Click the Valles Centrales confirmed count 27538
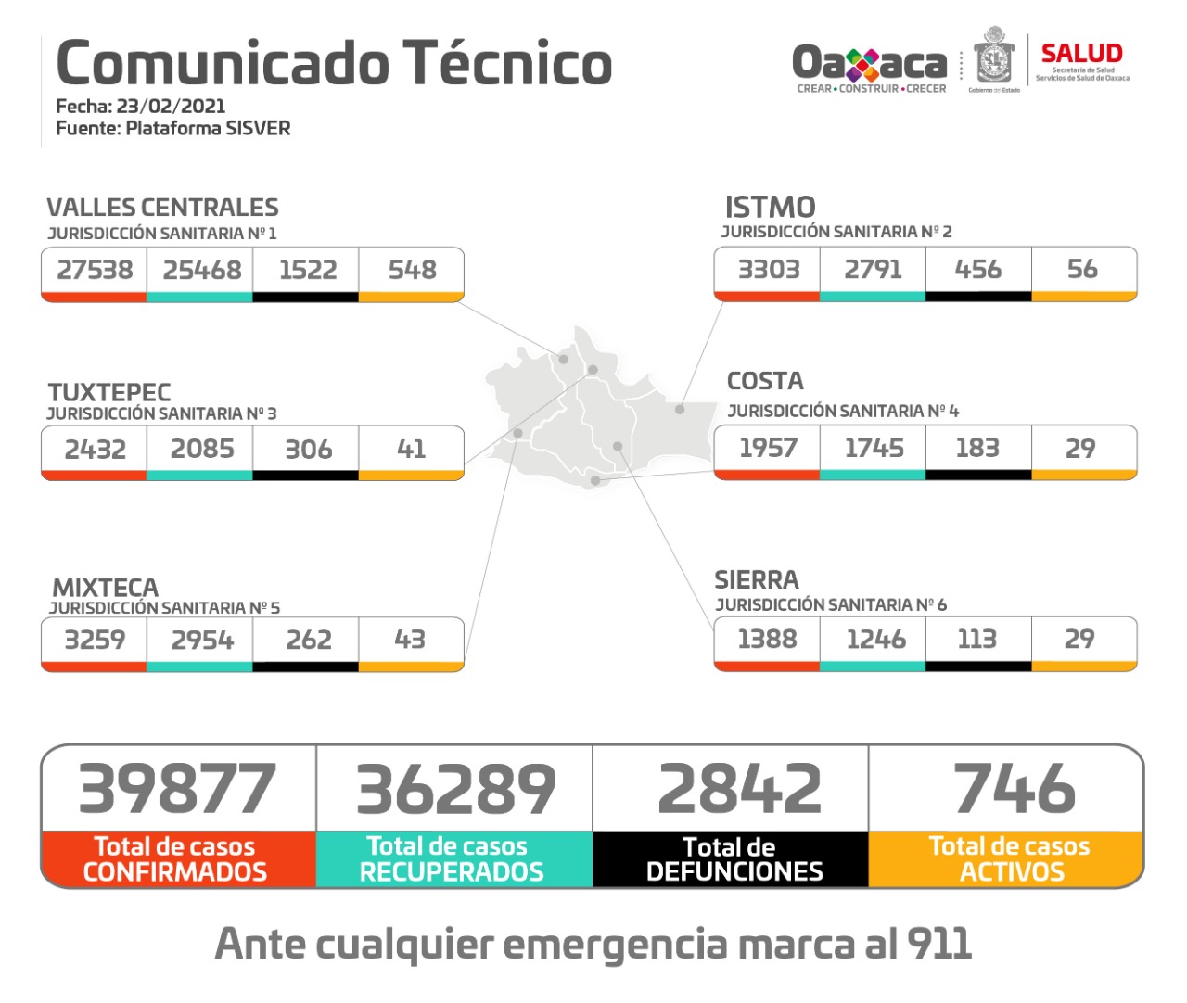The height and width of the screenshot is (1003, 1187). pyautogui.click(x=95, y=270)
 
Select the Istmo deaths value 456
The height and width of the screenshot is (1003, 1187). pyautogui.click(x=977, y=269)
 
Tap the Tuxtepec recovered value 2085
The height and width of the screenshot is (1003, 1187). pyautogui.click(x=201, y=449)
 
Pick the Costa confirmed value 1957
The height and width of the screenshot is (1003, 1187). pyautogui.click(x=768, y=448)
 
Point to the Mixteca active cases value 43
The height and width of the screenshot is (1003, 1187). pyautogui.click(x=410, y=639)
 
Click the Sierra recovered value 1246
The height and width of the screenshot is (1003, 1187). pyautogui.click(x=875, y=639)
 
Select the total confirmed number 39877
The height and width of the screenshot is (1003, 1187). pyautogui.click(x=177, y=789)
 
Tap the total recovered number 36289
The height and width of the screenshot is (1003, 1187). pyautogui.click(x=455, y=789)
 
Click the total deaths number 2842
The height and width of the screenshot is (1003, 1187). pyautogui.click(x=739, y=789)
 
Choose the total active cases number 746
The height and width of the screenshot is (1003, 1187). pyautogui.click(x=1014, y=789)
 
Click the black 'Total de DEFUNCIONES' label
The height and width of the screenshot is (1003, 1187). pyautogui.click(x=733, y=859)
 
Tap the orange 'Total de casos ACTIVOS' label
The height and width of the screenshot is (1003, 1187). pyautogui.click(x=1009, y=859)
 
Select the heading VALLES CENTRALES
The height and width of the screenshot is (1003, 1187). pyautogui.click(x=162, y=208)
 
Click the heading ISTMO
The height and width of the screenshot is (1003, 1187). pyautogui.click(x=770, y=207)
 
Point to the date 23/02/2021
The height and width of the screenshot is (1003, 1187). pyautogui.click(x=171, y=106)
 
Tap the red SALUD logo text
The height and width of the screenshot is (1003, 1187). pyautogui.click(x=1081, y=54)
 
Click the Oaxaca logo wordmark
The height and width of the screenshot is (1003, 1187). pyautogui.click(x=869, y=64)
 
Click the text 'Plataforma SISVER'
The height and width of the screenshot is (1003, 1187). pyautogui.click(x=208, y=128)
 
